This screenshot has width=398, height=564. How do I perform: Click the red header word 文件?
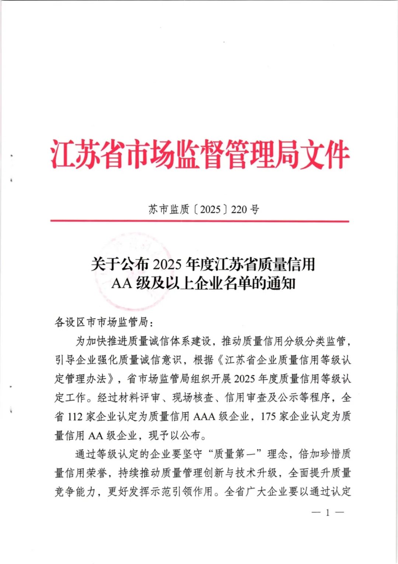[x=324, y=154]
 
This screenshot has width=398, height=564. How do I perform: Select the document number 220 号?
[x=245, y=209]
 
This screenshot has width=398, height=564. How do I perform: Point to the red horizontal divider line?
[x=199, y=221]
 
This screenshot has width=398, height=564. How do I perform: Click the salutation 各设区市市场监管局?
[x=101, y=322]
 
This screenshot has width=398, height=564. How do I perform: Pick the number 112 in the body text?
[x=75, y=416]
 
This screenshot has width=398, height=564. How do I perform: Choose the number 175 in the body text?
[x=268, y=416]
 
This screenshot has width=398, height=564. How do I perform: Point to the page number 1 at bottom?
[x=327, y=512]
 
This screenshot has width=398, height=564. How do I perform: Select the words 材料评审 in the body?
[x=139, y=398]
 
